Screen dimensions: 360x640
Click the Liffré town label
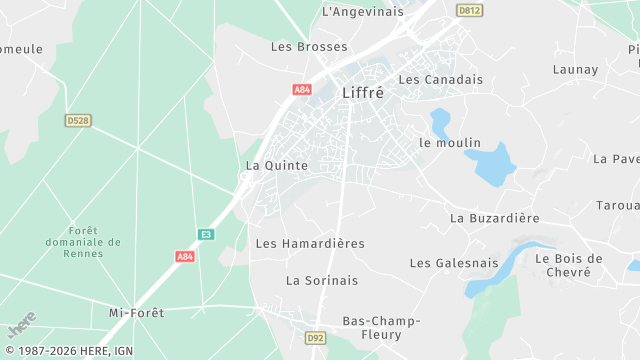tap(363, 92)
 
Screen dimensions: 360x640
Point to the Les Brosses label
tap(310, 47)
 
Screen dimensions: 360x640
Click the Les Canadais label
tap(440, 79)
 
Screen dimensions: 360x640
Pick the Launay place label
tap(575, 70)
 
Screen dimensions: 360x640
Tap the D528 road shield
tap(78, 120)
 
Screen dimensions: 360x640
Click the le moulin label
tap(450, 143)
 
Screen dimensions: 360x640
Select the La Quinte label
tap(277, 166)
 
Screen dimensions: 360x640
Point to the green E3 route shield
tap(206, 234)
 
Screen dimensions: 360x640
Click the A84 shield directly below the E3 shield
tap(185, 256)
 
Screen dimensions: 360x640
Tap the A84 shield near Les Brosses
tap(302, 89)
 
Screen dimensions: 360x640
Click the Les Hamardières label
tap(310, 244)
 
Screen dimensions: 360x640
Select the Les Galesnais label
tap(454, 263)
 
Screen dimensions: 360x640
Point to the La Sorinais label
tap(322, 281)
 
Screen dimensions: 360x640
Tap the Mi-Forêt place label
tap(136, 313)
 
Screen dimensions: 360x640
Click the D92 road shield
tap(316, 338)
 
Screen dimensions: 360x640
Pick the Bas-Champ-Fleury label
tap(382, 328)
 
